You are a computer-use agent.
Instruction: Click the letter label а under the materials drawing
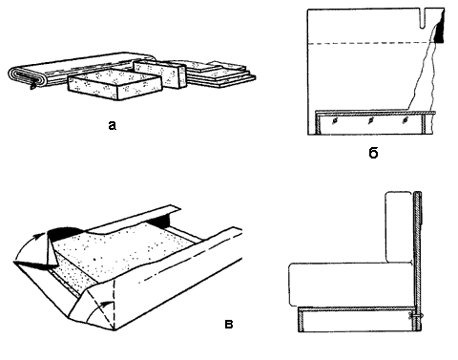click(112, 126)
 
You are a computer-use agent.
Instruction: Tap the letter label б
click(373, 153)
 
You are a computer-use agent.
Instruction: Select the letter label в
click(229, 325)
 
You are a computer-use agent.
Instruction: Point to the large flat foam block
click(115, 84)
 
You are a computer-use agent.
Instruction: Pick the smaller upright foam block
click(159, 73)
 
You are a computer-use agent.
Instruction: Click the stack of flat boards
click(219, 74)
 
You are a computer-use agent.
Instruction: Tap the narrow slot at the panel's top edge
click(423, 18)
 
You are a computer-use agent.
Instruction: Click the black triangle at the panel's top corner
click(439, 32)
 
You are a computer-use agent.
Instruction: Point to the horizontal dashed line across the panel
click(371, 43)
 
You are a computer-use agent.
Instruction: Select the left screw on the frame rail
click(334, 121)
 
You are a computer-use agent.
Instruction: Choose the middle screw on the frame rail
click(370, 121)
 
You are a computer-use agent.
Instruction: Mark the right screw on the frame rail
click(405, 120)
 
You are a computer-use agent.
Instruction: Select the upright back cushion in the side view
click(399, 227)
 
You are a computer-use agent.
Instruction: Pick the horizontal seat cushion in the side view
click(351, 285)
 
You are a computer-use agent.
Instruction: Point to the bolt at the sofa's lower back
click(416, 316)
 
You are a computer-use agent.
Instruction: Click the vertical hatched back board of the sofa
click(418, 262)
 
